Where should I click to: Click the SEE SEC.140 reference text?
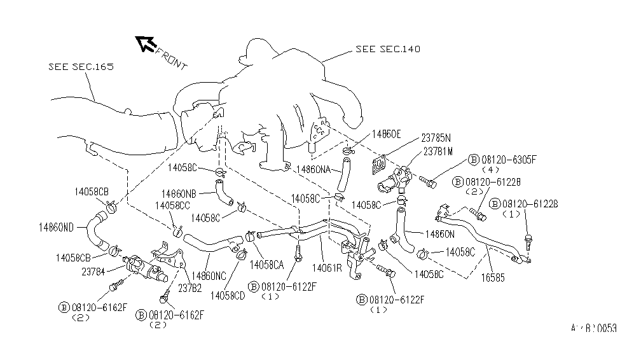[388, 49]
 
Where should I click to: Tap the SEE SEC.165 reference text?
[81, 66]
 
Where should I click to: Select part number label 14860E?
[387, 135]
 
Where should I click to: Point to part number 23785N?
[436, 137]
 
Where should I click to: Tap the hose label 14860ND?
[56, 226]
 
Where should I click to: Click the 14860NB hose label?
[179, 193]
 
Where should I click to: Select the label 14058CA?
[266, 264]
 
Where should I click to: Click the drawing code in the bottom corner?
[593, 329]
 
